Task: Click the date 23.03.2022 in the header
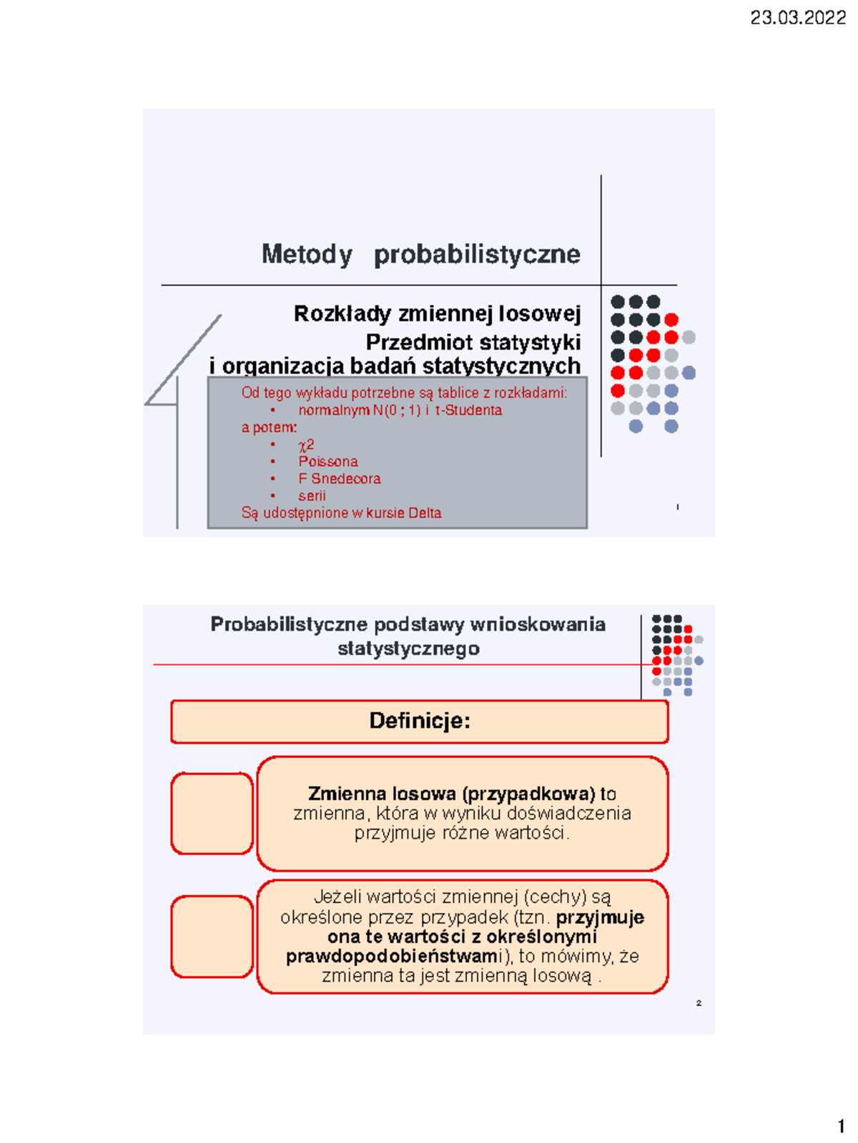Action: click(798, 18)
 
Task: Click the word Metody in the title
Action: click(307, 254)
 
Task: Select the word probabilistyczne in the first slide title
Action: click(477, 254)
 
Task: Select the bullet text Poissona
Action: click(328, 461)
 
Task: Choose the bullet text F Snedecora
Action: click(340, 479)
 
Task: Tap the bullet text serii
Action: click(312, 496)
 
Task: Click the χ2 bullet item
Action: click(306, 444)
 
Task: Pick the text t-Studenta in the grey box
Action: click(468, 410)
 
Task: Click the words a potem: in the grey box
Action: click(269, 427)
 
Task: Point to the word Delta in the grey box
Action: click(425, 513)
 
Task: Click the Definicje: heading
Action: click(420, 721)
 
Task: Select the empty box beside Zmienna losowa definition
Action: click(212, 813)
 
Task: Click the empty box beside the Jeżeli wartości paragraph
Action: click(212, 937)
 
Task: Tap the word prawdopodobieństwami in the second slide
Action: click(392, 957)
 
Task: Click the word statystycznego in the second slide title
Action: click(408, 649)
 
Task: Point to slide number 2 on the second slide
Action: click(699, 1003)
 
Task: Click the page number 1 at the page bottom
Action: click(841, 1127)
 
